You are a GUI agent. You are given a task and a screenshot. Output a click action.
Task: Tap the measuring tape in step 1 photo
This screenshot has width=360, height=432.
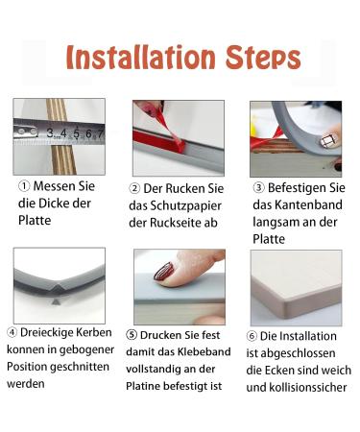pos(58,131)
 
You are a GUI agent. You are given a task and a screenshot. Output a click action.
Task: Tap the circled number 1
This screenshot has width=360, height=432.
pos(24,186)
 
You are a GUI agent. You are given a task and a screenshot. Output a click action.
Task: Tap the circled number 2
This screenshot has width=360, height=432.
pos(135,187)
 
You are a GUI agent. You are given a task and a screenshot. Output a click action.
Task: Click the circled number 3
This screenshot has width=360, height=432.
pos(256,186)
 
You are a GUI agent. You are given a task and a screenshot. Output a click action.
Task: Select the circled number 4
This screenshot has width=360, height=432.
pos(12,333)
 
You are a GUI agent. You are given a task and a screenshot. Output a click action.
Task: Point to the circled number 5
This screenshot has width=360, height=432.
pos(132,336)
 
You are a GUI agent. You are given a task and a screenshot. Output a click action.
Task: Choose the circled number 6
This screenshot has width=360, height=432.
pos(252,336)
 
